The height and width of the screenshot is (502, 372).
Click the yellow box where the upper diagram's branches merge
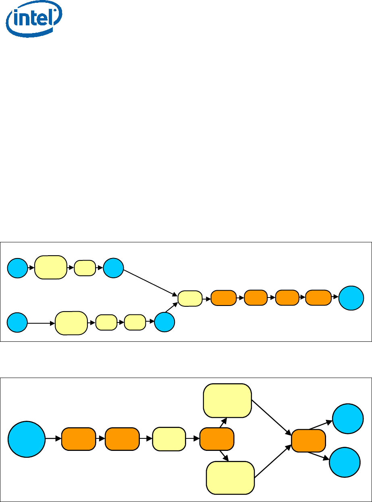(x=190, y=298)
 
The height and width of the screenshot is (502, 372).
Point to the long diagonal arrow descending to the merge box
(x=150, y=283)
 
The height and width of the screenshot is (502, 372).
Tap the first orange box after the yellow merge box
(x=224, y=297)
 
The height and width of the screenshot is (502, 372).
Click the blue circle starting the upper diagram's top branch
(x=18, y=267)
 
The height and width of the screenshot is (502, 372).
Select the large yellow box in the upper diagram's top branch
(x=51, y=267)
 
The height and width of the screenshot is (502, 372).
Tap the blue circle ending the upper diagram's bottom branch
(x=164, y=322)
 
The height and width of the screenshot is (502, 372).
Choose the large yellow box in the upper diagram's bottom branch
(x=71, y=323)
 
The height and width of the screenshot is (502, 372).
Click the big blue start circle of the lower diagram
(x=27, y=439)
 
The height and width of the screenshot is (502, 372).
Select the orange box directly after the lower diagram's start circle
(x=78, y=439)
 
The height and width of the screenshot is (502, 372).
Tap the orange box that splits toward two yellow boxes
(x=217, y=439)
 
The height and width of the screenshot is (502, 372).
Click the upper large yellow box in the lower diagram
(x=228, y=401)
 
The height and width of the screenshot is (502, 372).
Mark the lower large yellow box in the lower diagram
(x=231, y=477)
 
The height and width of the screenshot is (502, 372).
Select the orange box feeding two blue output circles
(x=308, y=440)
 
